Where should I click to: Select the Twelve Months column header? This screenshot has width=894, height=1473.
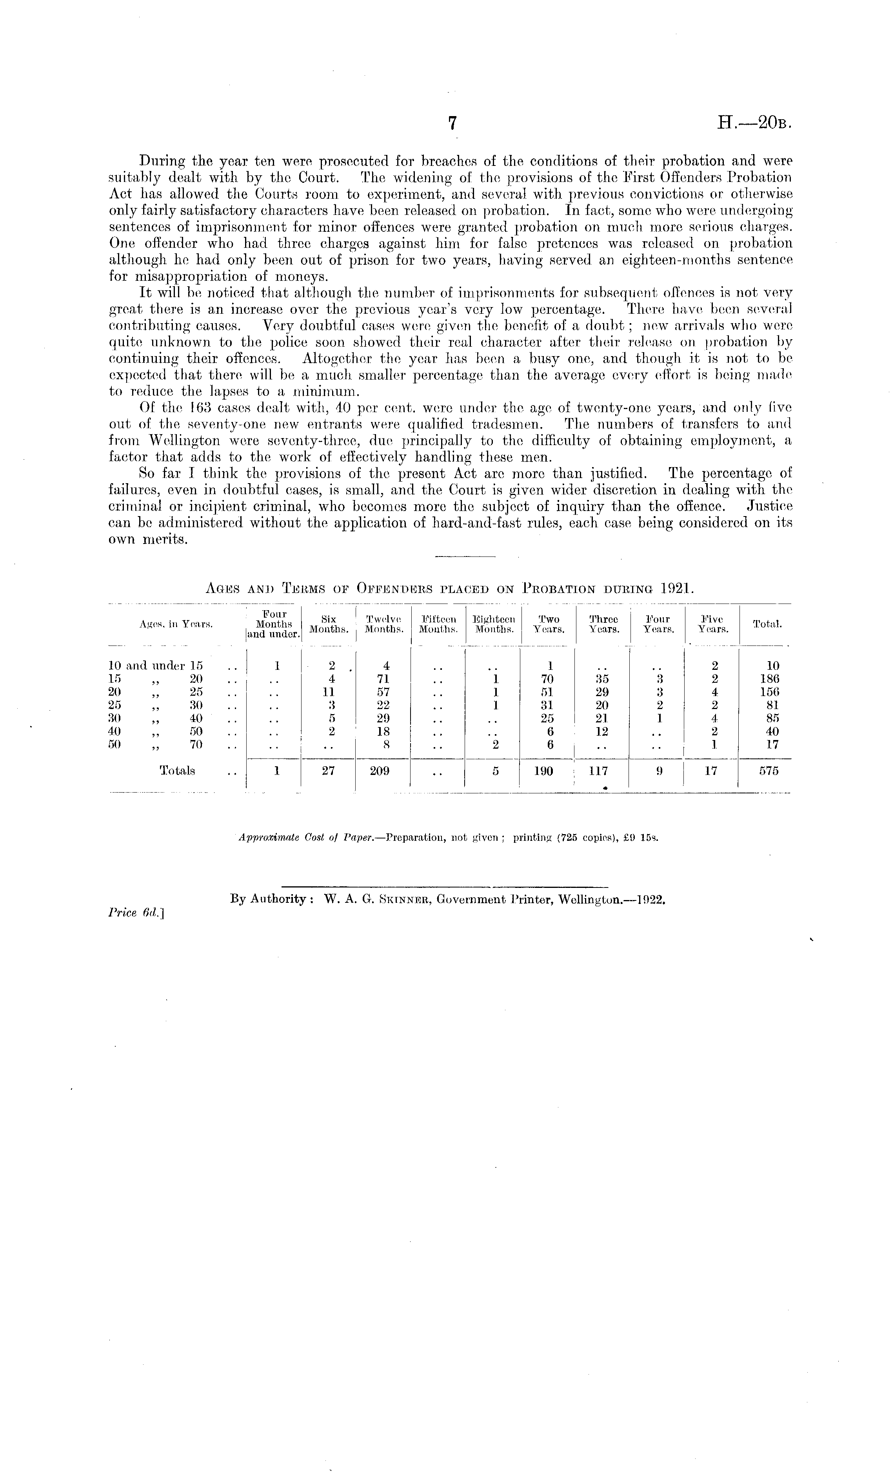(383, 624)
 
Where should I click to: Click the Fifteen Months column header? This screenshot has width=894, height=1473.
(438, 624)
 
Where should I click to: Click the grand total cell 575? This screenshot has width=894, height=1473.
(769, 771)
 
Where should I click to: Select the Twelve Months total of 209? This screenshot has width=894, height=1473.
(380, 771)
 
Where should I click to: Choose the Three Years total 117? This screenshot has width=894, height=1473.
(598, 771)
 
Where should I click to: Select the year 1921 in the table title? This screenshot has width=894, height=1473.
(677, 588)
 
